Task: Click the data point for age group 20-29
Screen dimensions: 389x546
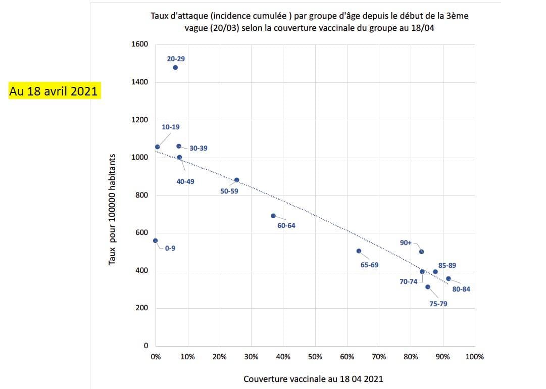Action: coord(175,67)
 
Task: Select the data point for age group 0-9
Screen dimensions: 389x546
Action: coord(156,241)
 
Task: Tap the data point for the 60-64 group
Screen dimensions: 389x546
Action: coord(273,216)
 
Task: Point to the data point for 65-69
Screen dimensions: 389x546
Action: coord(359,251)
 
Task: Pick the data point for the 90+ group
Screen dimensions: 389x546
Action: coord(422,252)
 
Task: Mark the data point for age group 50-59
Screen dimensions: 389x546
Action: coord(236,180)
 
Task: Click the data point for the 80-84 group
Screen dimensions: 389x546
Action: coord(448,278)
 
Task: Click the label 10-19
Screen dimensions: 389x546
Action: coord(171,127)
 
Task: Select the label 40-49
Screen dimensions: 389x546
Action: coord(185,181)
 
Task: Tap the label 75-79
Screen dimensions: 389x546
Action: coord(438,304)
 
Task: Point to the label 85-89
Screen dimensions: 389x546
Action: coord(448,265)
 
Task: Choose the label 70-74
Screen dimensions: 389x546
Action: coord(409,281)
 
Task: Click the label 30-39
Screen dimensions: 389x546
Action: coord(198,149)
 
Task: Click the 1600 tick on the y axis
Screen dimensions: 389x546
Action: coord(140,44)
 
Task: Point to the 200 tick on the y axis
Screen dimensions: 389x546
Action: coord(142,308)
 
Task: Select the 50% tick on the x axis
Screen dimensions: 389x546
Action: coord(315,357)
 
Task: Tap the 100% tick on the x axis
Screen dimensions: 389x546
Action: coord(474,357)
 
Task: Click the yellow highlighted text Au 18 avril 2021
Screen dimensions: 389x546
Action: coord(54,91)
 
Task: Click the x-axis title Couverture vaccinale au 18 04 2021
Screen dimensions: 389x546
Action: coord(313,379)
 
